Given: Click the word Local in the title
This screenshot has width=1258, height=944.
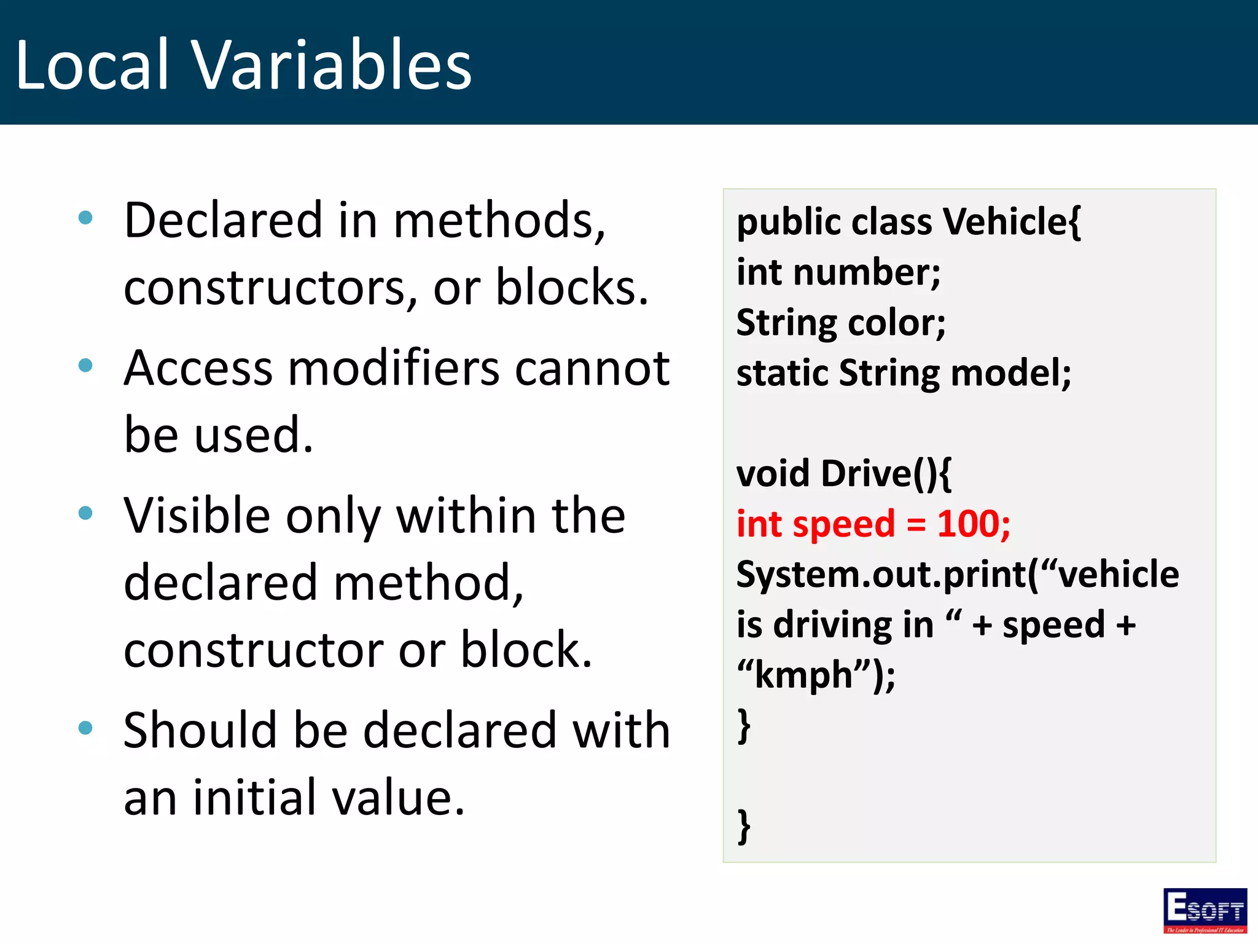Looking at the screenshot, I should tap(92, 65).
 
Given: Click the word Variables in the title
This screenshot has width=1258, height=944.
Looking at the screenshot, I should tap(332, 65).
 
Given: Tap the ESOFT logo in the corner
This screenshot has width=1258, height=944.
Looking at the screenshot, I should tap(1205, 910).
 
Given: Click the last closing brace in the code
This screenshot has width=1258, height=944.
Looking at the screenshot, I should tap(744, 827).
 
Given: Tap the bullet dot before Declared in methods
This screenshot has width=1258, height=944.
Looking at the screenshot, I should tap(86, 217).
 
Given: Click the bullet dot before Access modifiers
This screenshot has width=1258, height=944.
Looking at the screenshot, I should tap(86, 366).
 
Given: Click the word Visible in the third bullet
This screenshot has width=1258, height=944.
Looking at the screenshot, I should tap(197, 516).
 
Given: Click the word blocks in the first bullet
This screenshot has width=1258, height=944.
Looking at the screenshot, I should tap(565, 288).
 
